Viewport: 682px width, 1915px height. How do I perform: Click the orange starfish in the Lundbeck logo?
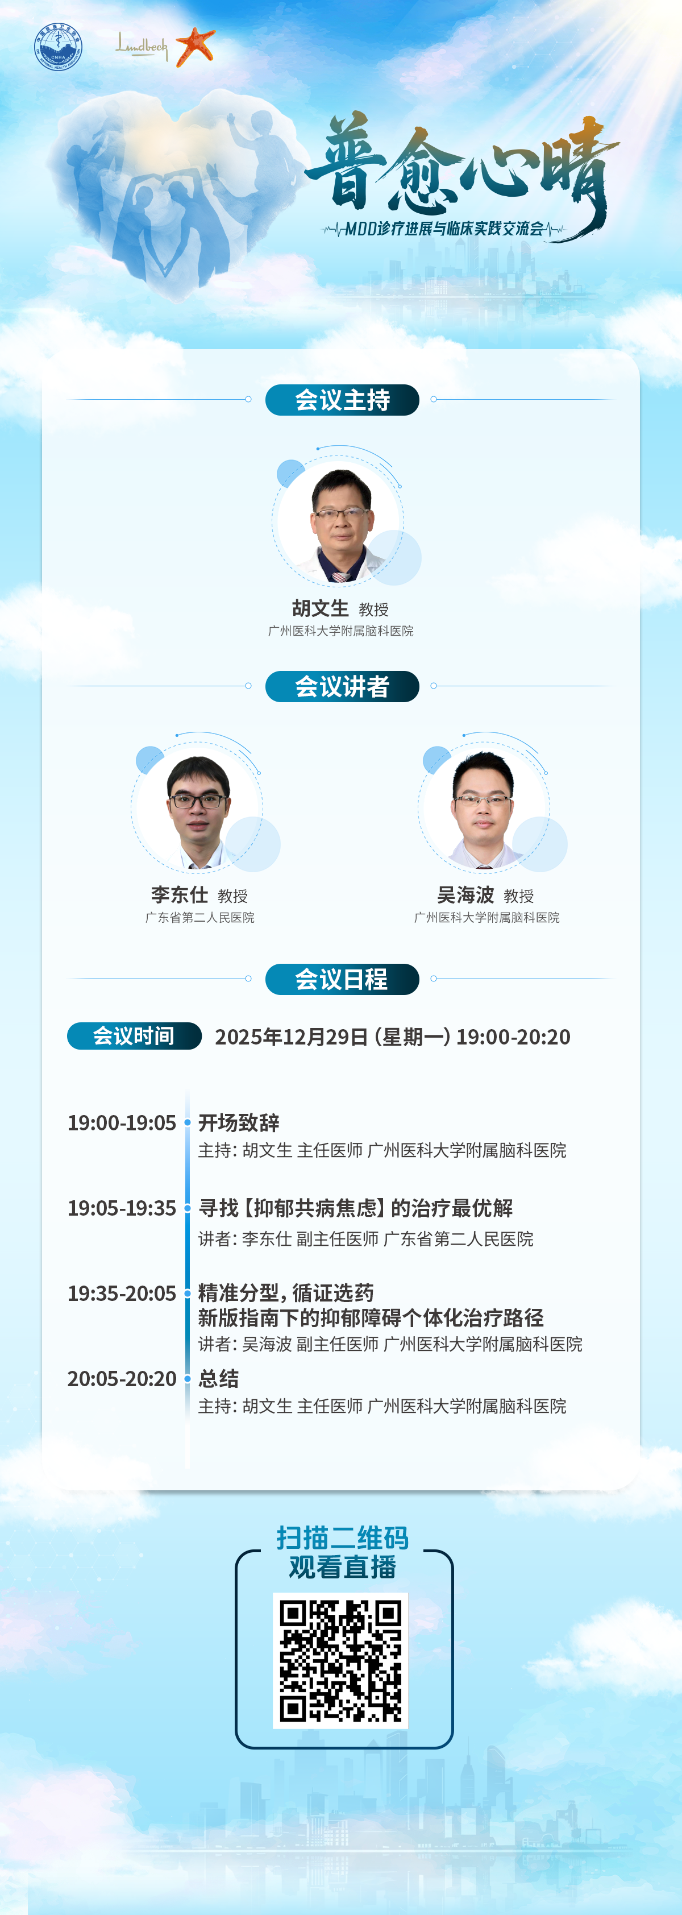196,46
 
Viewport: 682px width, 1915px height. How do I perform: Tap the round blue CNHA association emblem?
58,47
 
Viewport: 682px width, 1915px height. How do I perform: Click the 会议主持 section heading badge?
343,400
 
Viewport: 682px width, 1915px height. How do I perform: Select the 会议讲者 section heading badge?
343,686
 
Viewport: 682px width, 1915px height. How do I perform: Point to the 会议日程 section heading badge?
343,979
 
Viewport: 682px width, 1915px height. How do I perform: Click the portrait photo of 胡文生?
340,525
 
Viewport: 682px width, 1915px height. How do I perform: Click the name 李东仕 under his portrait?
179,895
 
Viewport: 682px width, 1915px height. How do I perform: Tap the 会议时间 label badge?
135,1037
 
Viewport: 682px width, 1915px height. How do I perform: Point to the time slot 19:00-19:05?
122,1122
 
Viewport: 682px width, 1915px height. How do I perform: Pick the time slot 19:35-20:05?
122,1294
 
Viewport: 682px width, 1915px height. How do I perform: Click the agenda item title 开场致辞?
239,1122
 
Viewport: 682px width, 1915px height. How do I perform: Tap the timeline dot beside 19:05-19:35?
187,1208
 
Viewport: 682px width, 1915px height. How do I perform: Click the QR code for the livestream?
341,1661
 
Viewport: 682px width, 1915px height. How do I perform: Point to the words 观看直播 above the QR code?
343,1567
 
